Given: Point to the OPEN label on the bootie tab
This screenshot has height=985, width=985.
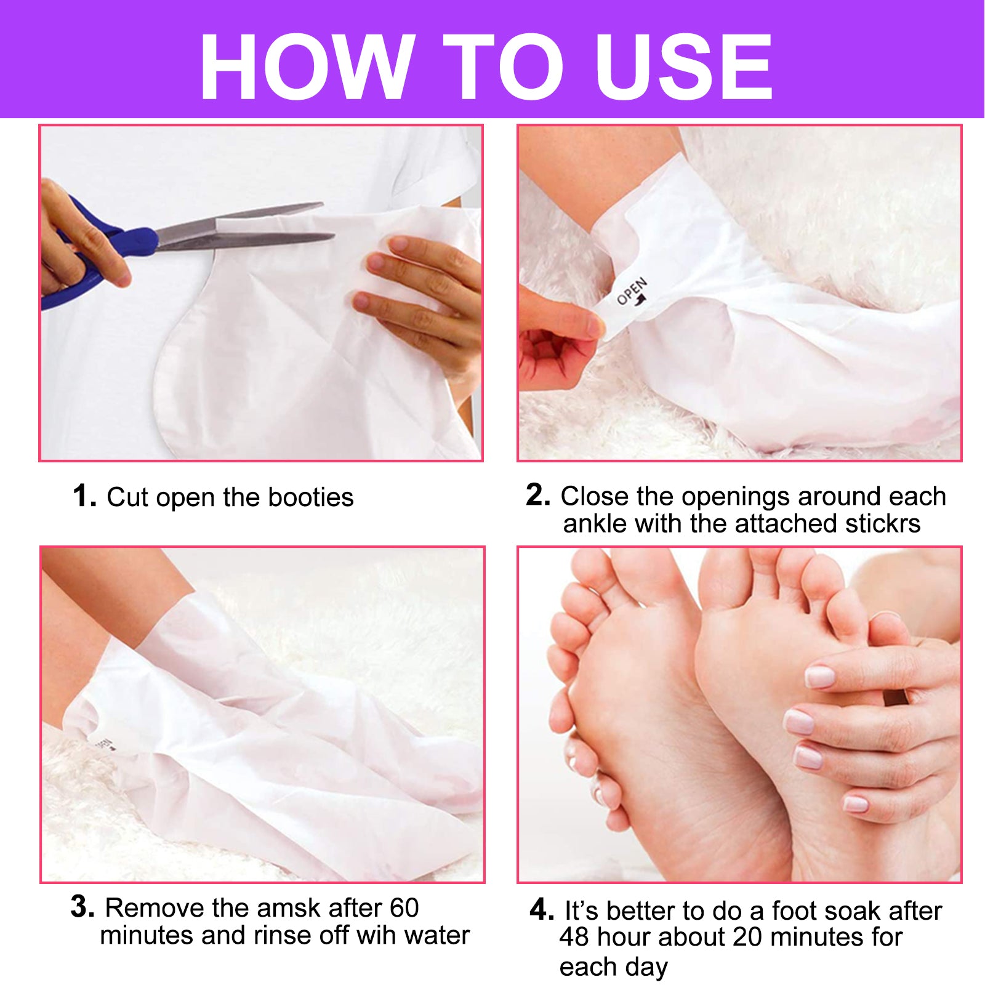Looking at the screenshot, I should coord(632,292).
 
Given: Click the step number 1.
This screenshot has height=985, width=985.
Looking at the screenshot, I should coord(84,496).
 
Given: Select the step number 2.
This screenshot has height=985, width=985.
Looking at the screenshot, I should coord(537,495).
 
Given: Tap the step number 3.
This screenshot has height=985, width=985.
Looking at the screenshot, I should coord(82,907).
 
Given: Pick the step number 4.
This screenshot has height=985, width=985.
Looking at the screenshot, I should coord(541,909).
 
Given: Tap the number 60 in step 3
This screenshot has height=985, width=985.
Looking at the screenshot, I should coord(403,908).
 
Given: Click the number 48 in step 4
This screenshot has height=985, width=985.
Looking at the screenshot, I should coord(574,937).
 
